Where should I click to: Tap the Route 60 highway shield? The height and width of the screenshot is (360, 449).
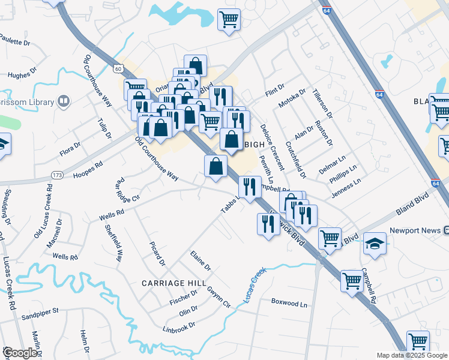tap(117, 68)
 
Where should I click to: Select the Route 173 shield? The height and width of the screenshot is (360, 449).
tap(57, 175)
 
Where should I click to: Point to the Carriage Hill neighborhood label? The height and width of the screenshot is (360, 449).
tap(173, 282)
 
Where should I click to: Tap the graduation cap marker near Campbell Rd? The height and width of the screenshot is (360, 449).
tap(375, 244)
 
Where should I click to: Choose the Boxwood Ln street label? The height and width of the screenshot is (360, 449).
tap(289, 304)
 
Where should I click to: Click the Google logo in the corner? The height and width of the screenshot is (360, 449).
tap(20, 353)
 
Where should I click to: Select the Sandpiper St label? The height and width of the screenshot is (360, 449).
tap(39, 312)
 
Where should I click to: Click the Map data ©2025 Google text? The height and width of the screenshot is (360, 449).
tap(411, 355)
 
